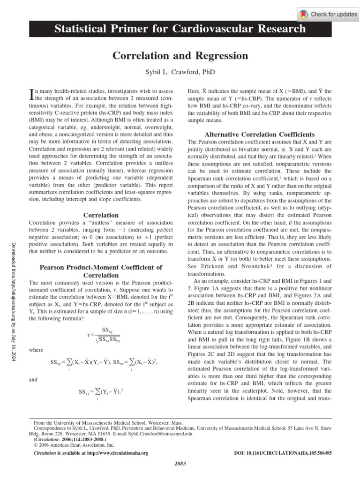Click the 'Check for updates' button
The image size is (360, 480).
click(328, 15)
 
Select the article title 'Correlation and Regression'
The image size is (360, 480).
click(180, 56)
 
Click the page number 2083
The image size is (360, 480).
click(180, 464)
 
